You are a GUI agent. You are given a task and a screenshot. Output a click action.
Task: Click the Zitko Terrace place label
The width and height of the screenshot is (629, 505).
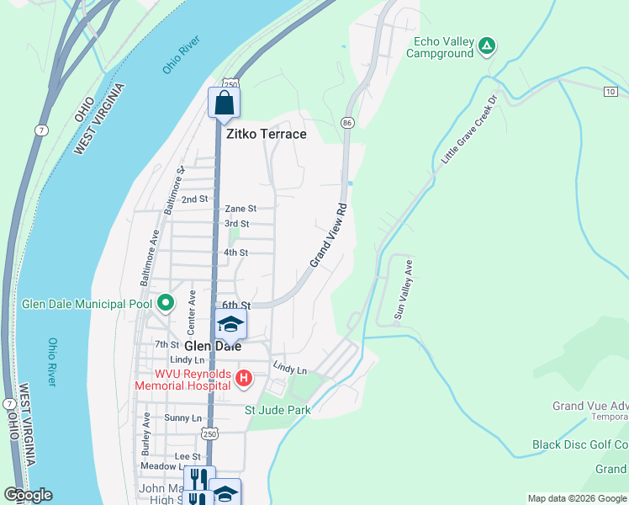pos(266,134)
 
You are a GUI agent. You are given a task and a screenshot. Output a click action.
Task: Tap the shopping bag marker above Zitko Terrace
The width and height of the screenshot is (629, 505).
pos(225,103)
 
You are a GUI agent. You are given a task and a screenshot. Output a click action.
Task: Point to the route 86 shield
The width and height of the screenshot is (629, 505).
pos(346,123)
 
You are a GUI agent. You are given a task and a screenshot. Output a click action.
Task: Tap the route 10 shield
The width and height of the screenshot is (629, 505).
pos(609,91)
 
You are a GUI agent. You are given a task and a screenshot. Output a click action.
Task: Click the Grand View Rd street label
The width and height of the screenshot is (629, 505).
pos(329,235)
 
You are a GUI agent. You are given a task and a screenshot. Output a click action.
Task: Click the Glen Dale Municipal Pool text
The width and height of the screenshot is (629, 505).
pos(87,304)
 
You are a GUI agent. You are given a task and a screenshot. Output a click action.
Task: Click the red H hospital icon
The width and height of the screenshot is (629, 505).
pos(244,379)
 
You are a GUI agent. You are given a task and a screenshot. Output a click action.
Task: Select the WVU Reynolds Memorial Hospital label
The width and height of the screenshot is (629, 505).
pos(181,380)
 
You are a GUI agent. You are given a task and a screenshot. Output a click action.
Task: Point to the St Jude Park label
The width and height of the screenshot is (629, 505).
pos(277,410)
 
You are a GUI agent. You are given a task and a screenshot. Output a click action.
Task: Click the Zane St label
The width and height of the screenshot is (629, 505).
pos(240,209)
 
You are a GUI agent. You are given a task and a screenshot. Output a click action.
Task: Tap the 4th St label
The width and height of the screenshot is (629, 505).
pos(235,252)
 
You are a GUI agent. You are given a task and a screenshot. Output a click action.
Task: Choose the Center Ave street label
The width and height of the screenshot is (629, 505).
pos(192,309)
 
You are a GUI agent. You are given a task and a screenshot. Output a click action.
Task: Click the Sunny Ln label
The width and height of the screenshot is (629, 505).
pos(183,418)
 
